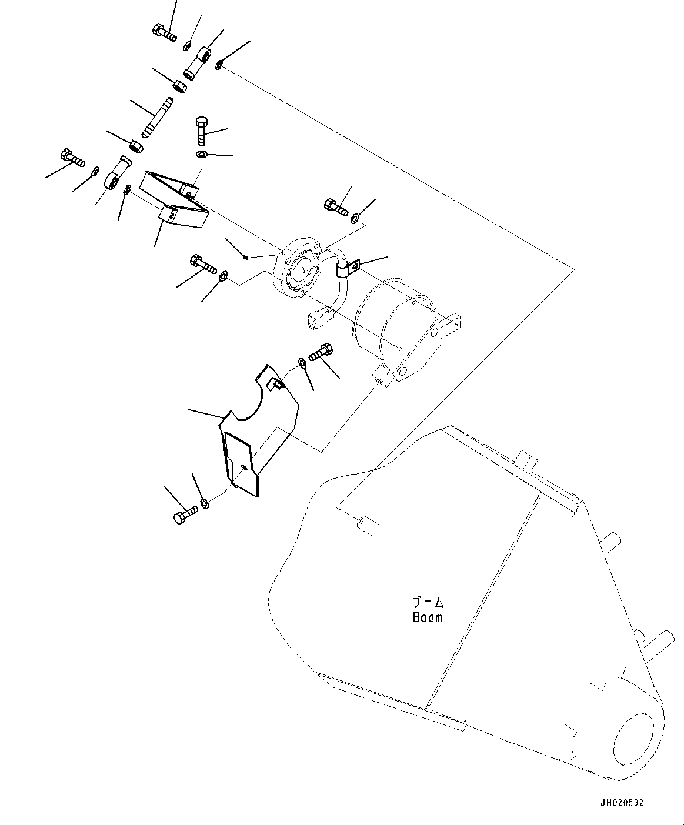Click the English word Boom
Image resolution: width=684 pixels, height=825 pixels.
(426, 617)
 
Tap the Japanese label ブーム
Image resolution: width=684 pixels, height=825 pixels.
(427, 602)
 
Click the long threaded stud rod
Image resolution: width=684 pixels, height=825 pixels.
(155, 119)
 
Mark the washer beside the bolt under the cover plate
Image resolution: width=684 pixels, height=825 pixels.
(204, 503)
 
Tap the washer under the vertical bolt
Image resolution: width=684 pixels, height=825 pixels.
(201, 155)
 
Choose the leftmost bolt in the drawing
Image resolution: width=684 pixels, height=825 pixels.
(72, 158)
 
